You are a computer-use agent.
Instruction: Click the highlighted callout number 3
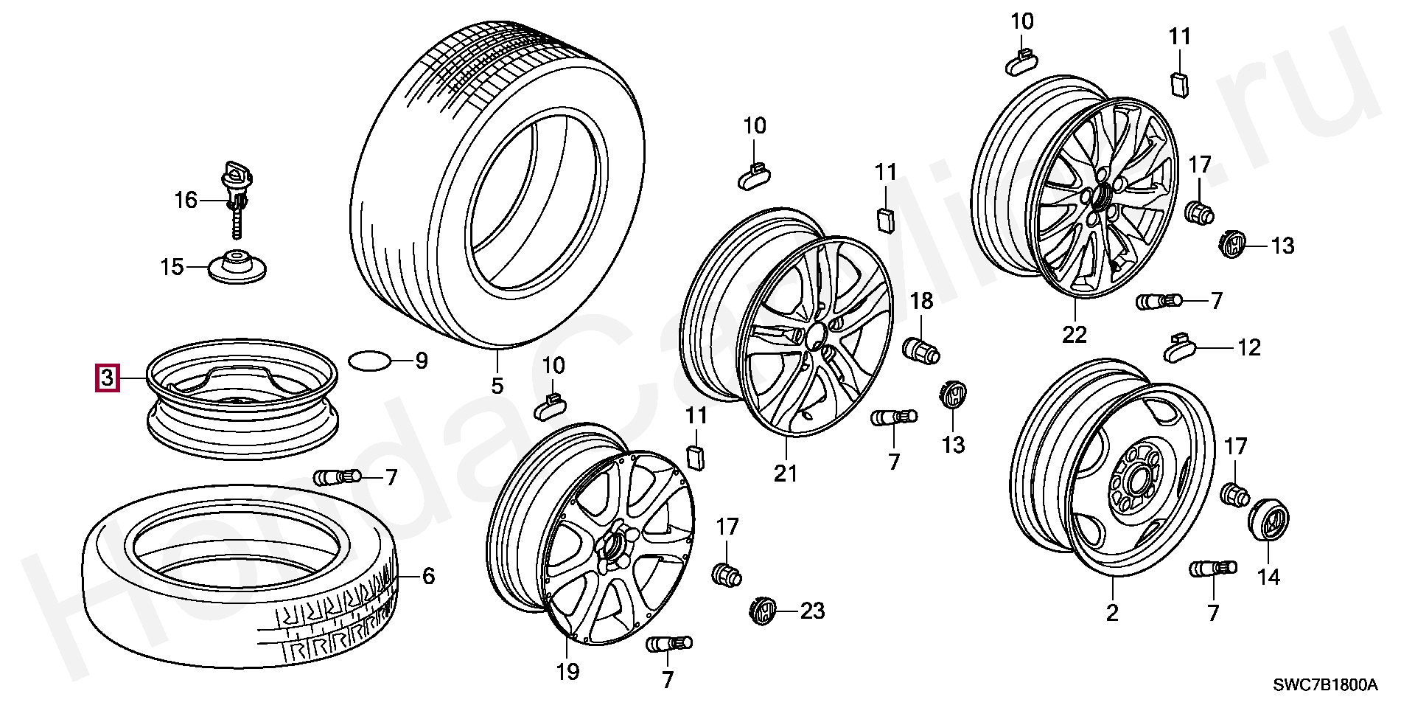click(107, 378)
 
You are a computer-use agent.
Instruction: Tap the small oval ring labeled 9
click(368, 361)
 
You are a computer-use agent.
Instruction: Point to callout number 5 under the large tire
click(497, 385)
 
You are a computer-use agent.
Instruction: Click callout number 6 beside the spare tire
click(428, 576)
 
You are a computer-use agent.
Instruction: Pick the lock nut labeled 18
click(921, 349)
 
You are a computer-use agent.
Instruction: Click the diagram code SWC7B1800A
click(1325, 685)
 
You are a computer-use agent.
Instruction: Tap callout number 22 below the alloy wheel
click(1074, 335)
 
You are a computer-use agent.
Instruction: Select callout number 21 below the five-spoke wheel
click(786, 473)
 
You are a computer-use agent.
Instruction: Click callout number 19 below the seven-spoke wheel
click(567, 672)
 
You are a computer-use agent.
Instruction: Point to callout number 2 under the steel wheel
click(1112, 613)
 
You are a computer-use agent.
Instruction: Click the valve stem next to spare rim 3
click(338, 477)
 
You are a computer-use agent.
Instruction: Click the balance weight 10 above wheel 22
click(1021, 60)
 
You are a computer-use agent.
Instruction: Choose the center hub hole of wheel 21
click(816, 337)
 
